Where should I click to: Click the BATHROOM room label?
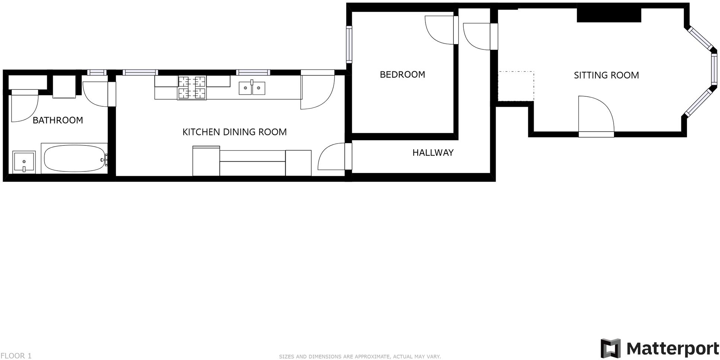coord(58,120)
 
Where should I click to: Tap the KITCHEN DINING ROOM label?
coord(234,132)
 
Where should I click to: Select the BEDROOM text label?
coord(402,74)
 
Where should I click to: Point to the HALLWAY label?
coord(433,152)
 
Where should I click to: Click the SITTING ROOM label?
coord(606,75)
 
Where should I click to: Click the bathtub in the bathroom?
coord(74,158)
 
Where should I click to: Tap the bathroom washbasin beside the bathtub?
coord(24,162)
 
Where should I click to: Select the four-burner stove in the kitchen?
coord(192,88)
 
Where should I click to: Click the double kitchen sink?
coord(252,88)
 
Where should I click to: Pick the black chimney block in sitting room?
coord(609,15)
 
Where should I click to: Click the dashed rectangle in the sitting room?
coord(516,86)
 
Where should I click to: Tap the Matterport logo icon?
coord(611,348)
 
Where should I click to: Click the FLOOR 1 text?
coord(16,356)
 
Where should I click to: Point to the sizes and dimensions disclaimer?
coord(360,357)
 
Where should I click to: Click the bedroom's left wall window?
coord(349,44)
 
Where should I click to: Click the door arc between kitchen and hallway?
coord(330,156)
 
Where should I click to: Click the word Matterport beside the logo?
coord(672,348)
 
